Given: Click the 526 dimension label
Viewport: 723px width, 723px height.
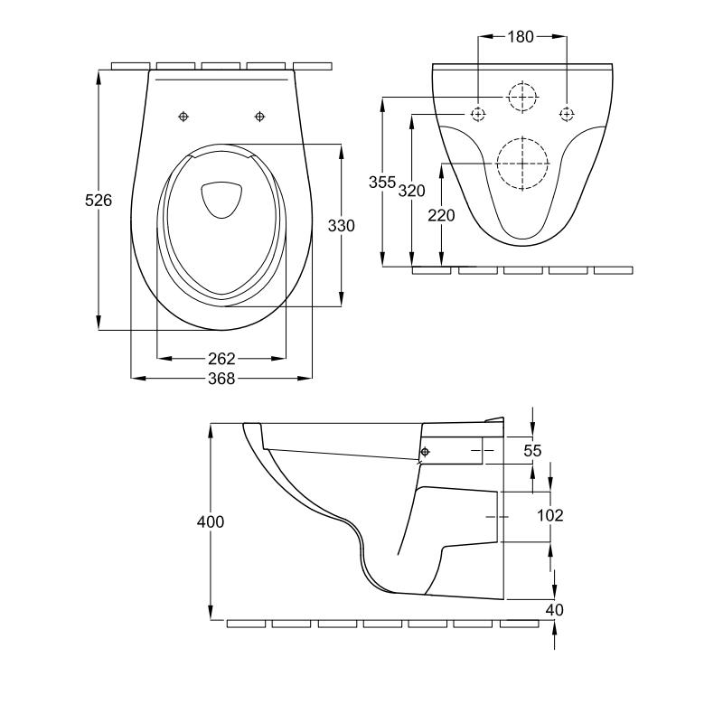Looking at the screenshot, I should pyautogui.click(x=99, y=201).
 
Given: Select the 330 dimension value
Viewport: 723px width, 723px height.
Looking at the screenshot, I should pyautogui.click(x=341, y=225).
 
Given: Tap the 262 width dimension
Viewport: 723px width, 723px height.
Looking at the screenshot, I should pyautogui.click(x=221, y=359).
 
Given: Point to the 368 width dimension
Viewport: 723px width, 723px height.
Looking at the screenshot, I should pyautogui.click(x=221, y=379).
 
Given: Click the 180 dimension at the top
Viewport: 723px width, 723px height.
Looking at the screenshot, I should pyautogui.click(x=521, y=37).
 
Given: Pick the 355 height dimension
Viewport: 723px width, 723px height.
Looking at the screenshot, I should pyautogui.click(x=382, y=182).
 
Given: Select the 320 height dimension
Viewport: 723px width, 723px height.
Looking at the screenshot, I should pyautogui.click(x=411, y=190).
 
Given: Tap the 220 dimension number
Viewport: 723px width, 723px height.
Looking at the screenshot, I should pyautogui.click(x=442, y=215).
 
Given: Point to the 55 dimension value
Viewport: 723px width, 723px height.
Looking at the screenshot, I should pyautogui.click(x=532, y=449).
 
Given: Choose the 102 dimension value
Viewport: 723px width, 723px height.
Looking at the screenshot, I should pyautogui.click(x=549, y=515).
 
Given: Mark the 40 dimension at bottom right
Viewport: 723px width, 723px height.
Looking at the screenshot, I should pyautogui.click(x=554, y=610).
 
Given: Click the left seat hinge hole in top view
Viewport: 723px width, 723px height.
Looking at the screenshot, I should pyautogui.click(x=183, y=117).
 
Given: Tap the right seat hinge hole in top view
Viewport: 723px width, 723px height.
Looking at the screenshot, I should pyautogui.click(x=260, y=117).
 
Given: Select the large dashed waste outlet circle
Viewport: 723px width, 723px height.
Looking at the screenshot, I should pyautogui.click(x=523, y=163).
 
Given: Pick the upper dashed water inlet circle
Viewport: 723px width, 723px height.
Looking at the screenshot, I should pyautogui.click(x=521, y=96).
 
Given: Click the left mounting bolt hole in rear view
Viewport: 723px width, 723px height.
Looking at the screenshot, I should pyautogui.click(x=478, y=114).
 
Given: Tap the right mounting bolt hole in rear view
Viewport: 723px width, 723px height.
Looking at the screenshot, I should pyautogui.click(x=567, y=114).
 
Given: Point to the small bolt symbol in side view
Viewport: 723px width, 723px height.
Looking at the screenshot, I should pyautogui.click(x=425, y=451).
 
